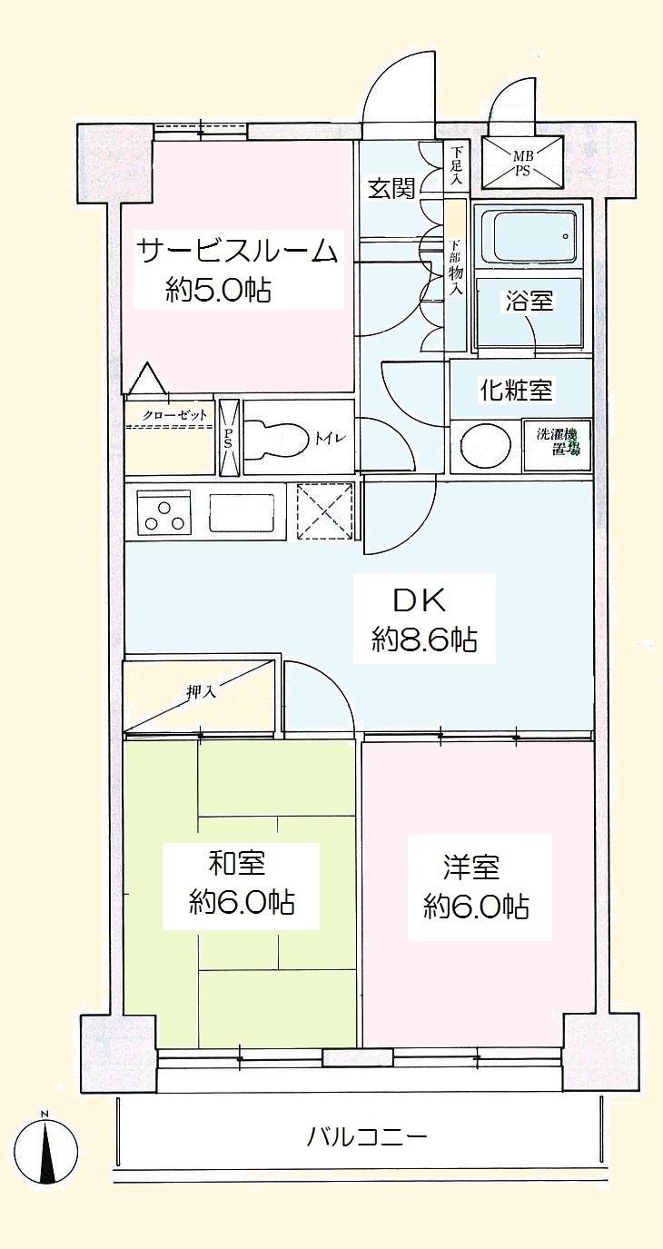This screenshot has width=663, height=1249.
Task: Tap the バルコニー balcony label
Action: (366, 1135)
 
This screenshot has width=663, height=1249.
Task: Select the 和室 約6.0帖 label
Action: (241, 886)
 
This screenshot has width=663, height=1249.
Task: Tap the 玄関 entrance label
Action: (391, 188)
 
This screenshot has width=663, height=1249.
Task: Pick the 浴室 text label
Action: (529, 302)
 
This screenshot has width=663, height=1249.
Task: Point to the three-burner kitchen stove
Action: (164, 515)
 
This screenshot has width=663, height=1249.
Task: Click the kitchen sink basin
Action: (242, 515)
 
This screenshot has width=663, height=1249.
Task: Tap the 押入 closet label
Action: (202, 691)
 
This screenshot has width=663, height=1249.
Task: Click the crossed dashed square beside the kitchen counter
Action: (323, 512)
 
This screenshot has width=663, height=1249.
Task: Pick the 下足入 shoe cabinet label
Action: (457, 166)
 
